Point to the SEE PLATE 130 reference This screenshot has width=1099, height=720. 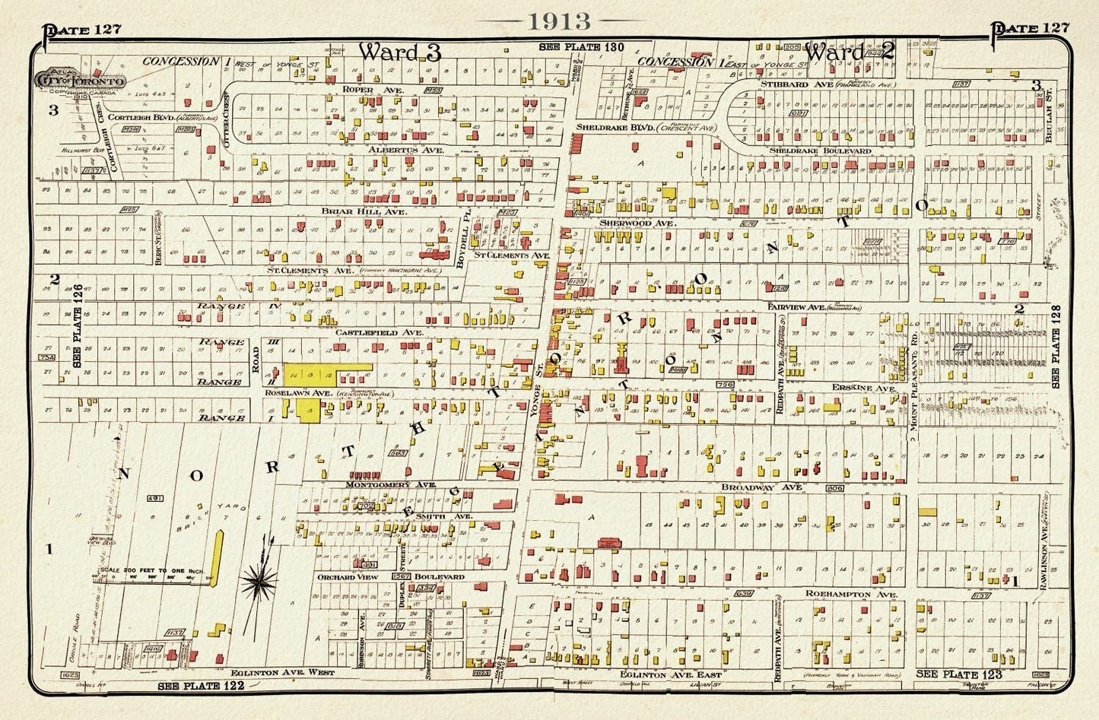pos(582,47)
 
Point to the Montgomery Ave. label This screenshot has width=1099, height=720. pos(389,484)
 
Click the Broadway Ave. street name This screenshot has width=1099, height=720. pos(751,487)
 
